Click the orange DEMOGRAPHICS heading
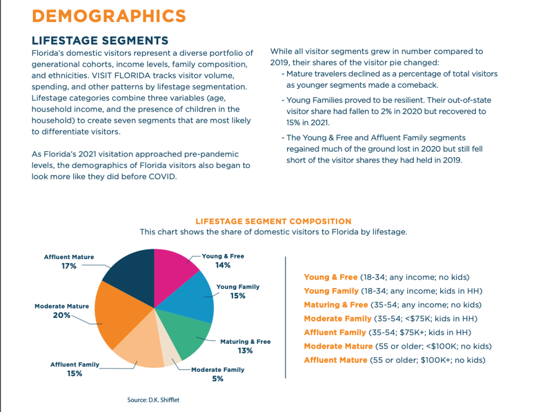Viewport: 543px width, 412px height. (109, 16)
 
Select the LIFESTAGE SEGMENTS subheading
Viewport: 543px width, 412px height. (100, 41)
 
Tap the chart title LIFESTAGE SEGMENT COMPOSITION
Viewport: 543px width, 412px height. (273, 221)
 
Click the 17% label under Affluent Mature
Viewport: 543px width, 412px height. (69, 266)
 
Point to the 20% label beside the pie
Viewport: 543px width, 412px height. (61, 315)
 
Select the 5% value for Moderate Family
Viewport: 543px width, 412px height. (217, 379)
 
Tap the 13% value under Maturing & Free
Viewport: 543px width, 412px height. (245, 351)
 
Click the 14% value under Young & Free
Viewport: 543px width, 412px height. (223, 265)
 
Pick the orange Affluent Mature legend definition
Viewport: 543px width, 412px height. (338, 360)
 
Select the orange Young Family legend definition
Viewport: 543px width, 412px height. (331, 291)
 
